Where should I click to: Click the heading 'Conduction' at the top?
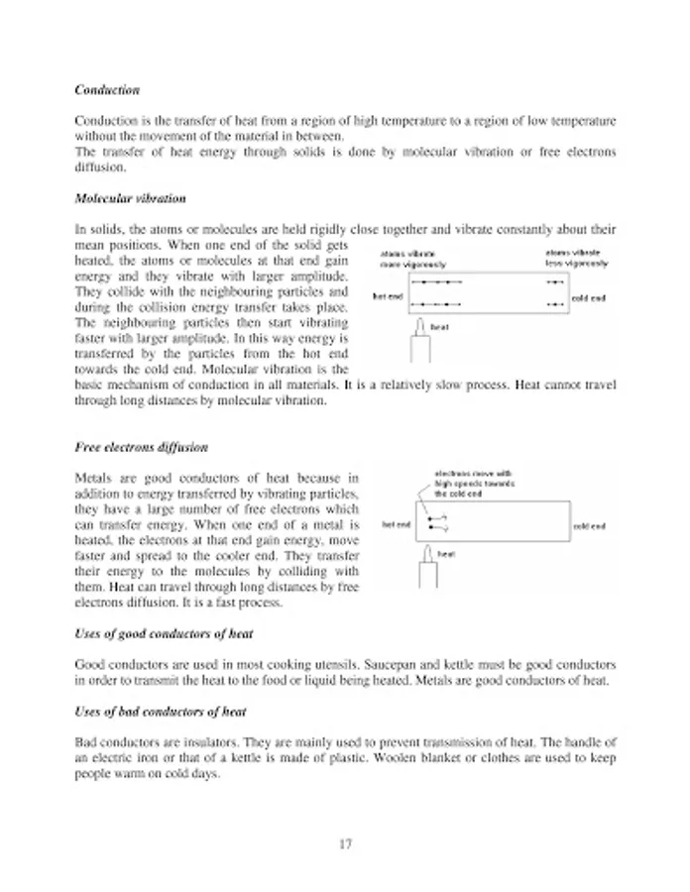107,90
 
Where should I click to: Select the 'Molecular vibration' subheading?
130,199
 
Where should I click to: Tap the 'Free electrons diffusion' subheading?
142,447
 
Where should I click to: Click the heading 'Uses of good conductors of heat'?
164,633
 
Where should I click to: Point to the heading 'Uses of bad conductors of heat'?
161,712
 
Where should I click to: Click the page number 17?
345,844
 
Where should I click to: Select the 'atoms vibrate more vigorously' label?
413,260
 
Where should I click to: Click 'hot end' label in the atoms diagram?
388,296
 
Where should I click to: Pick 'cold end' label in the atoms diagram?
589,297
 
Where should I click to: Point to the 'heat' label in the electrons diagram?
446,554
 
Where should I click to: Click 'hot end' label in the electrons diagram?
397,525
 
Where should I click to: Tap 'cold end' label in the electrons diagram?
589,526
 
